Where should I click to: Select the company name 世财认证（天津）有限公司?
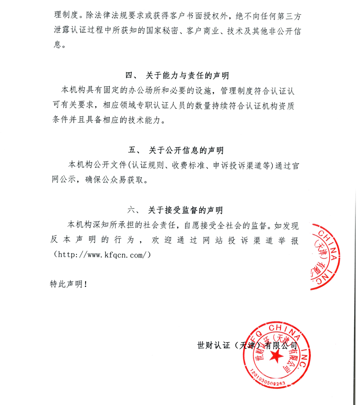coord(247,345)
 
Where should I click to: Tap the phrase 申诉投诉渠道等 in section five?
coord(242,165)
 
